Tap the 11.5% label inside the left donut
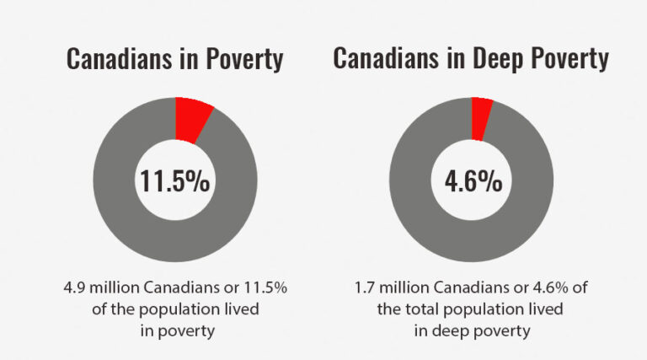click(175, 180)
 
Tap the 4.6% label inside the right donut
click(471, 180)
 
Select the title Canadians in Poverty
click(174, 60)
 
